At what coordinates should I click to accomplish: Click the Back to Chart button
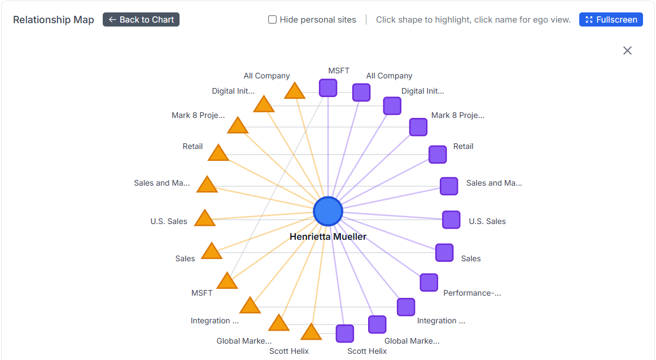[x=141, y=20]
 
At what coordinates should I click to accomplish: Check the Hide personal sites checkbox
[x=272, y=20]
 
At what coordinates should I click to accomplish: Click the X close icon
[x=627, y=51]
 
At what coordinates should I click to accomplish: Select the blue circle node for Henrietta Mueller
[x=328, y=212]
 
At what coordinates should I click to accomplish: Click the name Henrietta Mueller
[x=328, y=237]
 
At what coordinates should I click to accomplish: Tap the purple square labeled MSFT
[x=328, y=88]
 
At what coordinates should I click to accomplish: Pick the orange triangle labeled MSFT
[x=227, y=282]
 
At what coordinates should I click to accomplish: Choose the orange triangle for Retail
[x=218, y=153]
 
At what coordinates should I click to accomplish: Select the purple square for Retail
[x=438, y=154]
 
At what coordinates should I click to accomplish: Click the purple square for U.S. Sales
[x=451, y=219]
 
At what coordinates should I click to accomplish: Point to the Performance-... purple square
[x=429, y=282]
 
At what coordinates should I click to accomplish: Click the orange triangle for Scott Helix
[x=310, y=332]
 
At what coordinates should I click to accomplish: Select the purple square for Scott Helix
[x=345, y=333]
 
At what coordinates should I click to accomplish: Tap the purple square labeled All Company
[x=361, y=93]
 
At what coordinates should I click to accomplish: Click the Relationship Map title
[x=54, y=20]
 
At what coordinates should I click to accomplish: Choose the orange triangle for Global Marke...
[x=278, y=324]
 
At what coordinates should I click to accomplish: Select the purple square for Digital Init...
[x=392, y=106]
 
